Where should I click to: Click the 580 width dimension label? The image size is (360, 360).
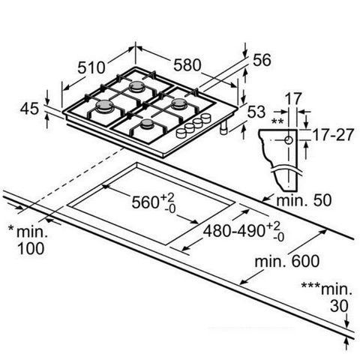185,65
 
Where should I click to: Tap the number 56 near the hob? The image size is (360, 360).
262,62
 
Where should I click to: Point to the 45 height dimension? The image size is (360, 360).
30,109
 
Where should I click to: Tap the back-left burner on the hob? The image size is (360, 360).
136,88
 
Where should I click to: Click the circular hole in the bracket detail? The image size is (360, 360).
288,140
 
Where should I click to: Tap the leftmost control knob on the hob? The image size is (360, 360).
181,133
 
